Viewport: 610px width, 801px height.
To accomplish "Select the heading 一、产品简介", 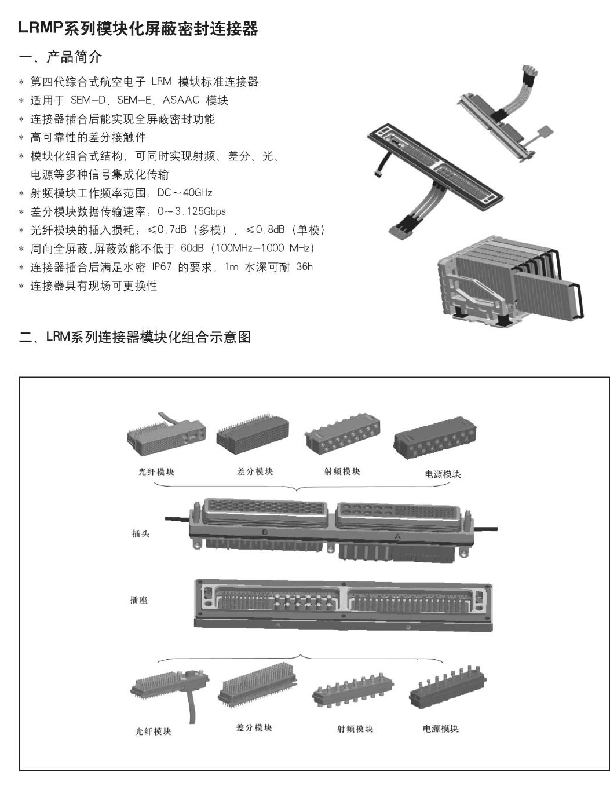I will [x=60, y=57].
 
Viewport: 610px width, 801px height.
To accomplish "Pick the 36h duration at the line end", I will [x=304, y=267].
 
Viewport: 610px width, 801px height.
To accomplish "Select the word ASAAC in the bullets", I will [x=181, y=100].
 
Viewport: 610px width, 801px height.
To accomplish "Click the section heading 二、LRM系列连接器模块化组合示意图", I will [x=135, y=337].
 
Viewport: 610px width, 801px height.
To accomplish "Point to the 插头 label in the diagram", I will [x=141, y=533].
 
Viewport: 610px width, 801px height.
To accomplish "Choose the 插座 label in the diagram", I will [x=139, y=600].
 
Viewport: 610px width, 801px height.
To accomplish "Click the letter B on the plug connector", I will [x=265, y=531].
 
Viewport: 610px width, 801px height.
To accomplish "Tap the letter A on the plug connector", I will [x=397, y=536].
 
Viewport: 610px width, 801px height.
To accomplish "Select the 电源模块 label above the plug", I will [x=443, y=474].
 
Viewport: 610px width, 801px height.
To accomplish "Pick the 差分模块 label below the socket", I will [x=254, y=727].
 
